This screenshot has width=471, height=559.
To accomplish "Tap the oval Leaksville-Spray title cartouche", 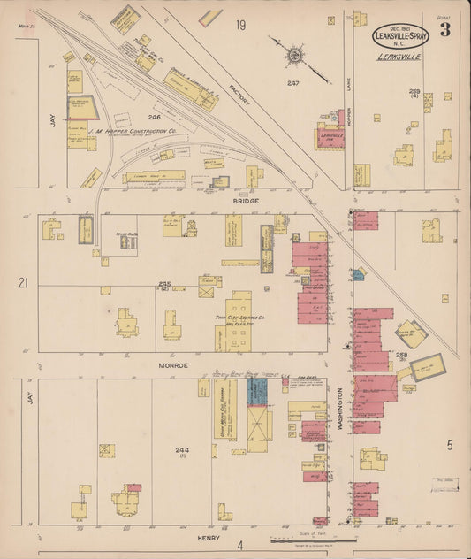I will pyautogui.click(x=402, y=35).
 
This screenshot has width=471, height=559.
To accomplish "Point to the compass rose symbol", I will pyautogui.click(x=293, y=56).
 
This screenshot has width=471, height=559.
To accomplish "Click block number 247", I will pyautogui.click(x=293, y=83).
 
